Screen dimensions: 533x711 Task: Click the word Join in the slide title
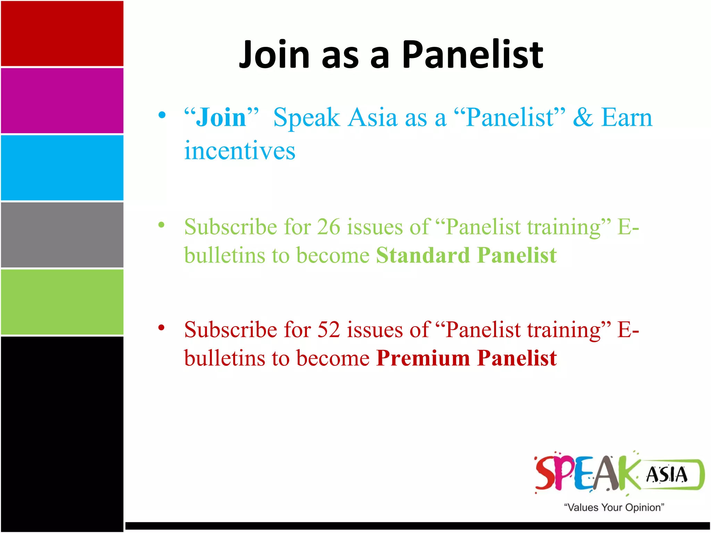coord(274,54)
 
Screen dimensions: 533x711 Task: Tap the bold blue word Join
coord(221,118)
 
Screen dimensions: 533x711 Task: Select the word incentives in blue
coord(240,151)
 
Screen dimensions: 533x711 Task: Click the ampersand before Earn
coord(583,118)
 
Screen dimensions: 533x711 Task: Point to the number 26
coord(328,227)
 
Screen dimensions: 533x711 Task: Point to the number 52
coord(328,330)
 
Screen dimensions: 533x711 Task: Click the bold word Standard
coord(423,256)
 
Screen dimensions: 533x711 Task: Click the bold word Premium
coord(423,358)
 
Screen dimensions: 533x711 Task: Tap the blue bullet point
coord(162,115)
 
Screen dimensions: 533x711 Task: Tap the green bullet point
coord(161,225)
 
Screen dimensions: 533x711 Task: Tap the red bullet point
coord(161,327)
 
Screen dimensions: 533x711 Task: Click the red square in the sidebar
coord(62,33)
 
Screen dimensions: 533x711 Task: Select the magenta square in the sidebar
coord(62,101)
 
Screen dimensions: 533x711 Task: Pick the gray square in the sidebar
coord(62,235)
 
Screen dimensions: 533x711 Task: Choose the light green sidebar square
coord(62,302)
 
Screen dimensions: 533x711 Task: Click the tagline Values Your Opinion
coord(614,507)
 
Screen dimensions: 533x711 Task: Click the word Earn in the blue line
coord(627,118)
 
